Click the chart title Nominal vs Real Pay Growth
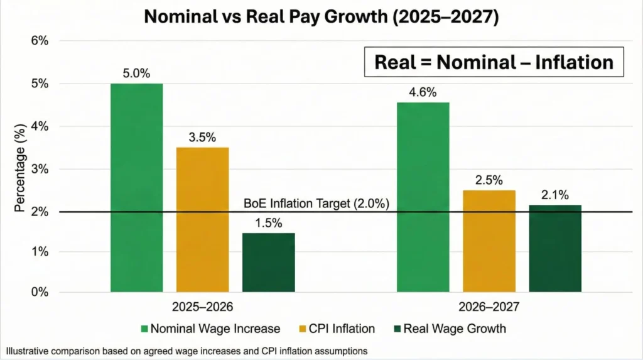click(x=321, y=17)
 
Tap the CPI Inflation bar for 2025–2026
click(x=202, y=219)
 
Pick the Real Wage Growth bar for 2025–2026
click(x=268, y=262)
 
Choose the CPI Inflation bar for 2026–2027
click(x=489, y=241)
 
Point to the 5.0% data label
click(x=136, y=74)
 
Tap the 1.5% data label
click(x=268, y=222)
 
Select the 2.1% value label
click(x=554, y=195)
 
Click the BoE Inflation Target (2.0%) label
click(x=316, y=204)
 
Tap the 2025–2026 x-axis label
click(x=203, y=308)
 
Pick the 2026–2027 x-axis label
click(x=489, y=308)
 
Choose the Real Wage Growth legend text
click(x=454, y=329)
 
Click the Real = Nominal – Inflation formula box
click(x=494, y=62)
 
